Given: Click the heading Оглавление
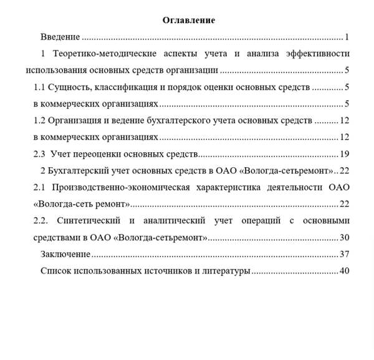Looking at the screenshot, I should (188, 21).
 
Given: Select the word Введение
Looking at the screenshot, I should (60, 37).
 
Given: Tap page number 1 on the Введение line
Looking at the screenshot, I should (347, 37).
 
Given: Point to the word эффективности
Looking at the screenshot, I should (317, 54).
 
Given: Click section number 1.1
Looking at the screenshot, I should (40, 87).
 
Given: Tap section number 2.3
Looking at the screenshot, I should (40, 153).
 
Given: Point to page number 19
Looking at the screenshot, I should (344, 153).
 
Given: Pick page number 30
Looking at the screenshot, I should (344, 237).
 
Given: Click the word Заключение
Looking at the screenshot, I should (65, 254).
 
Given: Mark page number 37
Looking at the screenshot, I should (344, 254).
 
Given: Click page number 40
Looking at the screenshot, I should (344, 271).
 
